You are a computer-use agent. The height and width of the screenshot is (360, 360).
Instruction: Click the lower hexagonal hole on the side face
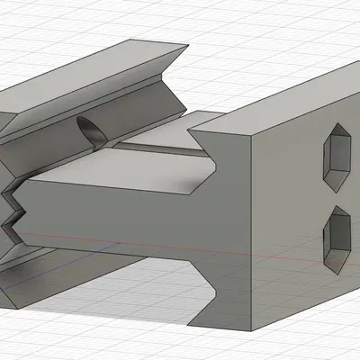pos(337,238)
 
